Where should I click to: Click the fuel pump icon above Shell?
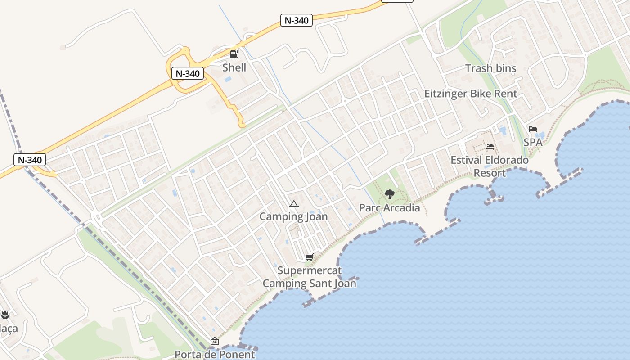coord(234,54)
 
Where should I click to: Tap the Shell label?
coord(234,67)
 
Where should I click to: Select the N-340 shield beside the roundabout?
coord(188,73)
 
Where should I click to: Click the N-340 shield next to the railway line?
coord(30,160)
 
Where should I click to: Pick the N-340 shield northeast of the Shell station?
coord(297,20)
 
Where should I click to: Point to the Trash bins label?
coord(490,68)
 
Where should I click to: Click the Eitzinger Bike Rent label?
coord(471,94)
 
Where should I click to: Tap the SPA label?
coord(533,142)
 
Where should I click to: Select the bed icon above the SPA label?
coord(533,129)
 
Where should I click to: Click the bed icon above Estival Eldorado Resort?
coord(490,147)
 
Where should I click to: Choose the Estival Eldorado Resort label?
coord(490,166)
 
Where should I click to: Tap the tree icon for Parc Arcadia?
coord(390,194)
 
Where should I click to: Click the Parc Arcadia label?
coord(390,208)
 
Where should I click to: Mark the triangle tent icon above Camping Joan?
coord(293,204)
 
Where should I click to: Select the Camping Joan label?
coord(293,217)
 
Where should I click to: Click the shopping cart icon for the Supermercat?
coord(309,257)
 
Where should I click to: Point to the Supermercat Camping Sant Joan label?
coord(309,277)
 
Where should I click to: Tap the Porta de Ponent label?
coord(215,354)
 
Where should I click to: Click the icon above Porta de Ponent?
coord(215,341)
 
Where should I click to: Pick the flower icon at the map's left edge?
coord(5,315)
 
